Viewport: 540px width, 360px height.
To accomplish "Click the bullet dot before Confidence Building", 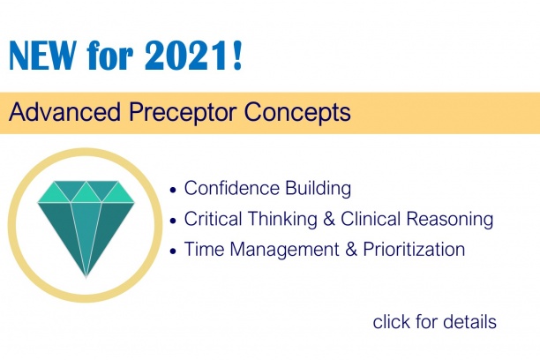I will click(173, 190).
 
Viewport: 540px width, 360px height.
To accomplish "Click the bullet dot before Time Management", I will click(173, 251).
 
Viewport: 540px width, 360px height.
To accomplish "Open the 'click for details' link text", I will click(434, 321).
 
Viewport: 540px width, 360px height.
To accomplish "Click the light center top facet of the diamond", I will click(86, 191).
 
